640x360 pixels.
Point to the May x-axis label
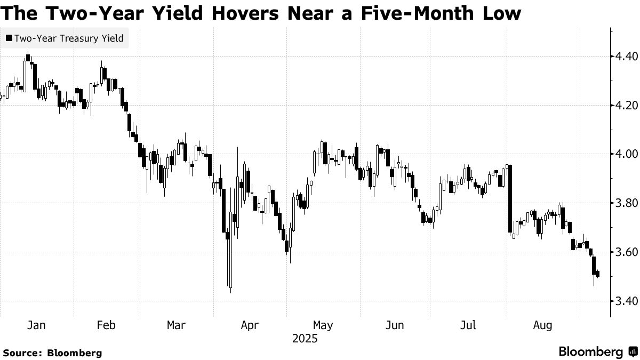pyautogui.click(x=323, y=325)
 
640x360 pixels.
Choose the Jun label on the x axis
pyautogui.click(x=395, y=325)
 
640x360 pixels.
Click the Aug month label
pyautogui.click(x=542, y=325)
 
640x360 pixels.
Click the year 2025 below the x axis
pyautogui.click(x=304, y=339)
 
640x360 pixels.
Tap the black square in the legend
pyautogui.click(x=9, y=38)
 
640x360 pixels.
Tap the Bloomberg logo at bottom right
pyautogui.click(x=597, y=351)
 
